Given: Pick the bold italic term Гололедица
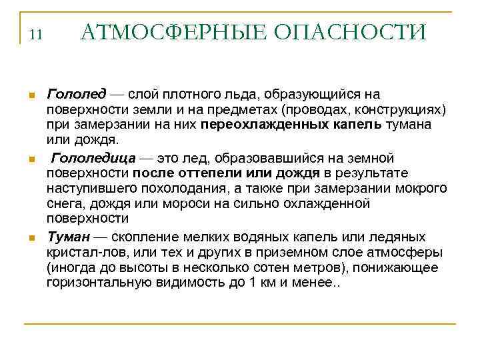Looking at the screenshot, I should (94, 158).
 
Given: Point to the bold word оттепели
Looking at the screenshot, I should (191, 173).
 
